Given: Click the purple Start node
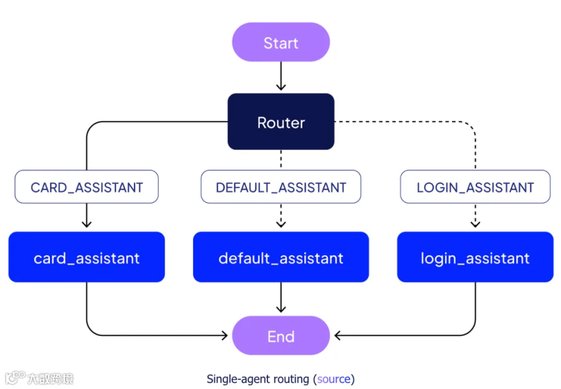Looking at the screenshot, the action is (281, 42).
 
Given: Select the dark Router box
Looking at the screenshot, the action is (281, 122).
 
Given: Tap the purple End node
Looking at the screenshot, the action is (281, 335).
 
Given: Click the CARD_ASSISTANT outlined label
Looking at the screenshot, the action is (87, 187).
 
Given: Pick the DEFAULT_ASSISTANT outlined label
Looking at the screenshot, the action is (281, 187).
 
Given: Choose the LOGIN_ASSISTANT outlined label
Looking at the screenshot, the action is (475, 187).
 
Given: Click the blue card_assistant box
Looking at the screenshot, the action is (87, 257).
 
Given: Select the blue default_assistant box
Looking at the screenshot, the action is (281, 257).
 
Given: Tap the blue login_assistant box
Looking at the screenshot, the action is (475, 257).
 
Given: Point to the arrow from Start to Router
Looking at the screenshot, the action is (281, 76).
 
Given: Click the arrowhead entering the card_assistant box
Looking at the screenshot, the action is (87, 224).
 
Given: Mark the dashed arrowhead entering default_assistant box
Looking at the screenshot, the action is (281, 224).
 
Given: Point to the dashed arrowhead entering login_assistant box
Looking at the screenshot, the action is (475, 224).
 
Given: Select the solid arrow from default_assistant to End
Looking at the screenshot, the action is (281, 297).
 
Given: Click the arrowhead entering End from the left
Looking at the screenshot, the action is (224, 335).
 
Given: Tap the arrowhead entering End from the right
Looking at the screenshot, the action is (338, 335).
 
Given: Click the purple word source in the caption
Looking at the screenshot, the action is (334, 379).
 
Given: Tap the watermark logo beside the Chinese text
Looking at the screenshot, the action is (15, 378).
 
